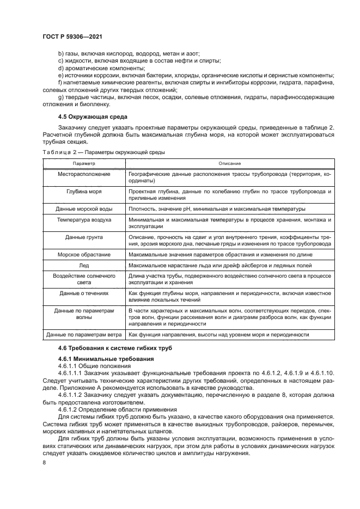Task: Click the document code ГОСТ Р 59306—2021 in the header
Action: click(x=72, y=36)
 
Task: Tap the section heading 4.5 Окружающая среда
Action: click(x=92, y=116)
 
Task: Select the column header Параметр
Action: click(x=84, y=163)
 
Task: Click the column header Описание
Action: click(x=230, y=163)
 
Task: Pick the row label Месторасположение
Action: click(x=84, y=174)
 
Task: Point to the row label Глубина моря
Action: click(x=84, y=192)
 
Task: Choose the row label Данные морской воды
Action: click(x=84, y=208)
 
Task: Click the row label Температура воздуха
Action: click(x=84, y=219)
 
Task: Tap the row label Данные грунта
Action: click(x=84, y=237)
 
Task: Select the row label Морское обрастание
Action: click(x=84, y=254)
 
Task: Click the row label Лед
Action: click(x=84, y=265)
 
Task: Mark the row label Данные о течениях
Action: click(x=84, y=293)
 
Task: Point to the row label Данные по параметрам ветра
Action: click(x=84, y=335)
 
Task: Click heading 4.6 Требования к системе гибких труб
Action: click(x=113, y=347)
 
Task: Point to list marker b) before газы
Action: click(x=60, y=53)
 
